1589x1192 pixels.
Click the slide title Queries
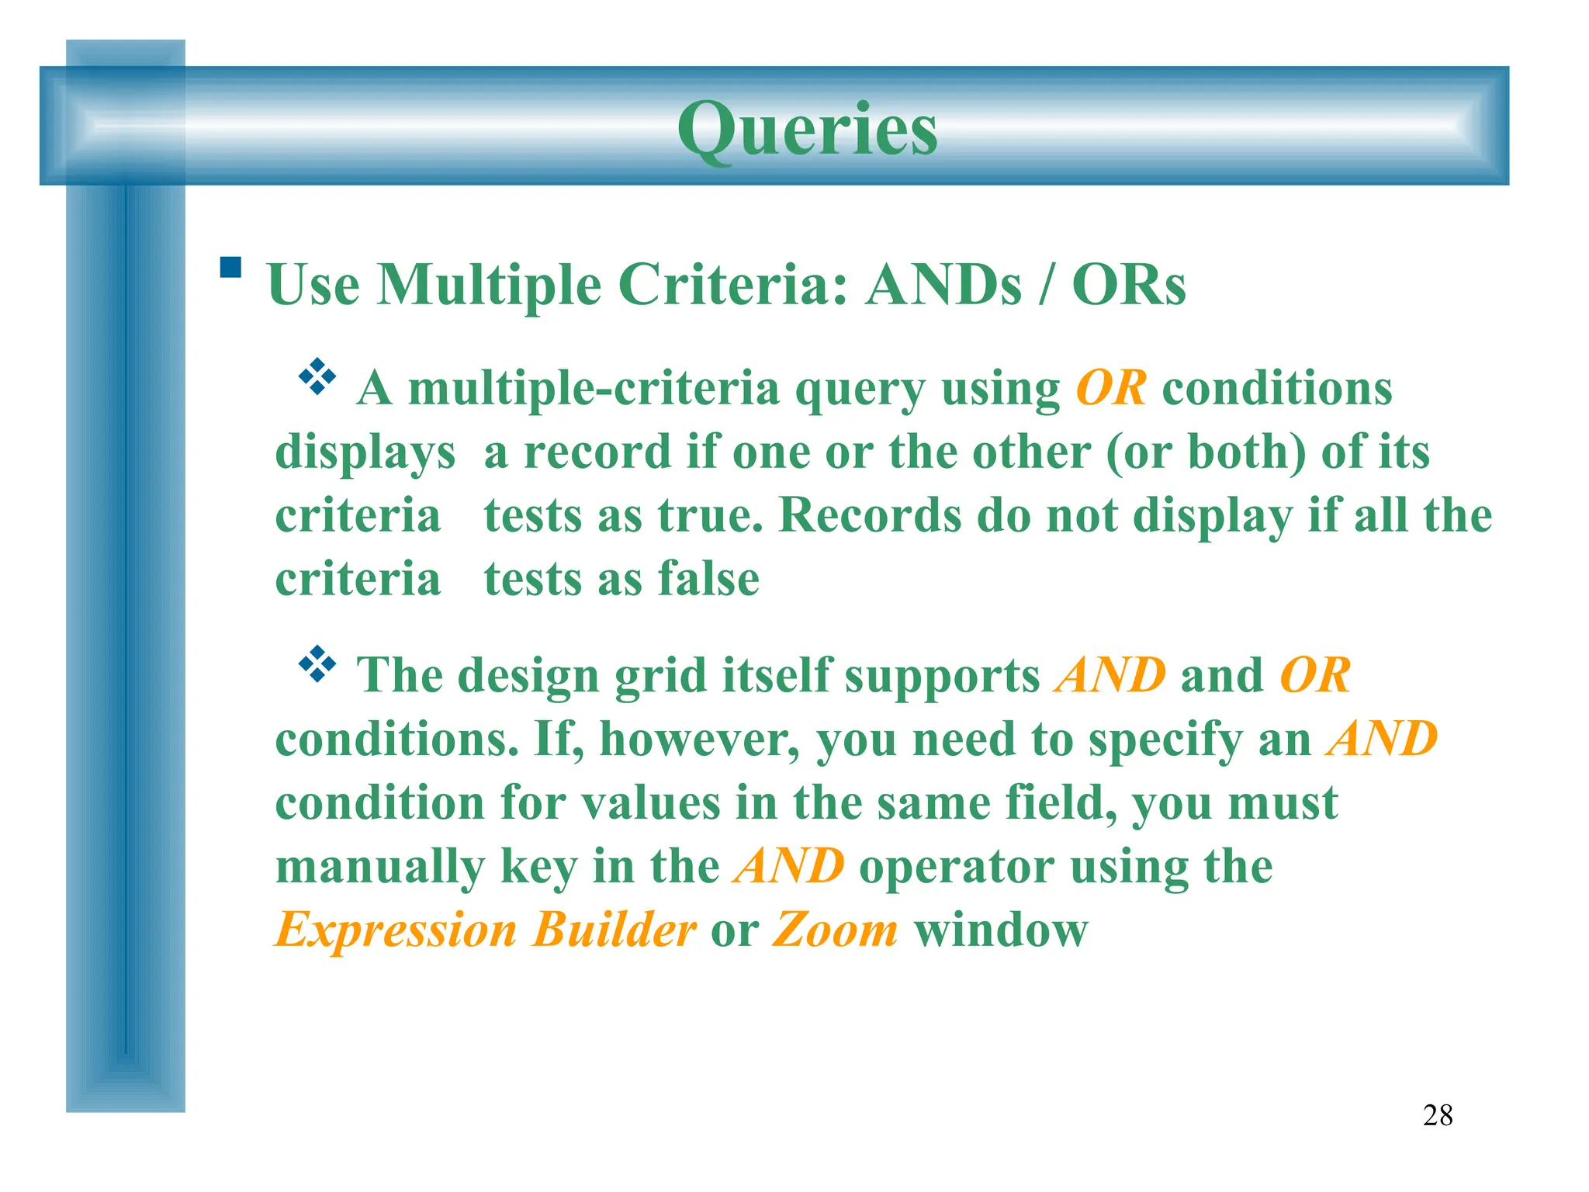point(807,129)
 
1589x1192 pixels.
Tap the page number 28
point(1437,1116)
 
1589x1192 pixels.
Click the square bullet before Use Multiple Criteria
point(230,268)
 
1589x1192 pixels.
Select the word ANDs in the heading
point(943,285)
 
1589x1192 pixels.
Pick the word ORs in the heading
point(1128,285)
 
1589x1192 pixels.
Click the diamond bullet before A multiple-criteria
point(317,377)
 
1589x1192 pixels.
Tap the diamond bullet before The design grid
point(317,664)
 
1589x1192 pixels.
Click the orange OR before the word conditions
point(1110,387)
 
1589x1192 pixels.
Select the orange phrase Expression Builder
point(486,930)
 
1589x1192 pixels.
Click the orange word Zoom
point(835,930)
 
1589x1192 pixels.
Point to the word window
point(1001,930)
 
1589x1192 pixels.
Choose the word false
point(708,579)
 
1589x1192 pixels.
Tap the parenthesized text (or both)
point(1206,452)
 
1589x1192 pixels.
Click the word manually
point(379,867)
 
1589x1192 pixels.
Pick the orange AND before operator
point(788,866)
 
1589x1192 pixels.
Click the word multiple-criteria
point(594,387)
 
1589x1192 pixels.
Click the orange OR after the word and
point(1314,675)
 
